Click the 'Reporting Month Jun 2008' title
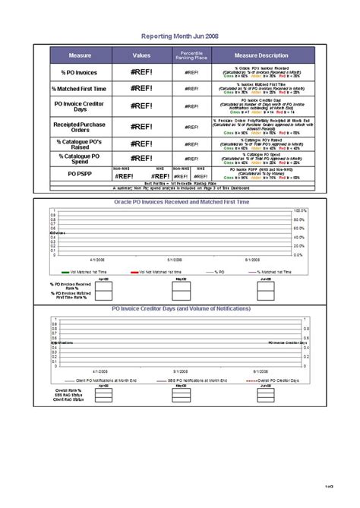click(179, 36)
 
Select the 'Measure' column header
click(80, 55)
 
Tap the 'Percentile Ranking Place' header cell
click(191, 55)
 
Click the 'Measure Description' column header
click(261, 55)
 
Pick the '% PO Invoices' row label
click(80, 72)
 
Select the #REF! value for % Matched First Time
click(141, 89)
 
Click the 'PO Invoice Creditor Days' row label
click(80, 106)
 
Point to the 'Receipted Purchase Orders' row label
click(80, 126)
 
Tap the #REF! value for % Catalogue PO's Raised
click(141, 144)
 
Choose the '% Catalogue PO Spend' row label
click(80, 159)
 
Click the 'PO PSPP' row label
click(80, 174)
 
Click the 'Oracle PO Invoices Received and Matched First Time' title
click(180, 202)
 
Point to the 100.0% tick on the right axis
click(300, 210)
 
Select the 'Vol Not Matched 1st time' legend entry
click(159, 271)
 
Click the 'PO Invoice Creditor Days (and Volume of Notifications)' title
click(180, 310)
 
